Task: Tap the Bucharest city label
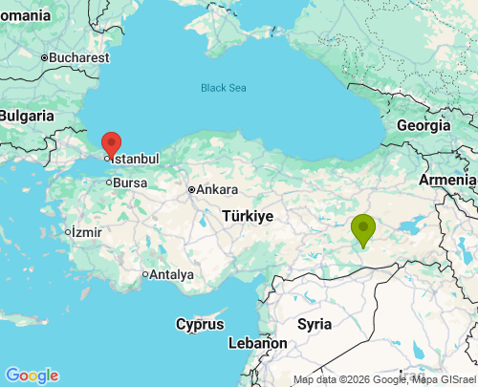[x=79, y=58]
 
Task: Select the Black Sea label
[x=223, y=88]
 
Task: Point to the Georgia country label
[x=424, y=125]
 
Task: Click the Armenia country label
[x=447, y=180]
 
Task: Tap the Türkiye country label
[x=249, y=216]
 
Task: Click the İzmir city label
[x=86, y=232]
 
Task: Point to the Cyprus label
[x=200, y=324]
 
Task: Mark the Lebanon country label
[x=257, y=343]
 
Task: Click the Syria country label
[x=315, y=324]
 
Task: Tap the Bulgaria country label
[x=26, y=116]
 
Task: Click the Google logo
[x=32, y=376]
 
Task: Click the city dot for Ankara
[x=192, y=189]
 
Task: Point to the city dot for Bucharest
[x=44, y=58]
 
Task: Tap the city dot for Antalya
[x=145, y=275]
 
